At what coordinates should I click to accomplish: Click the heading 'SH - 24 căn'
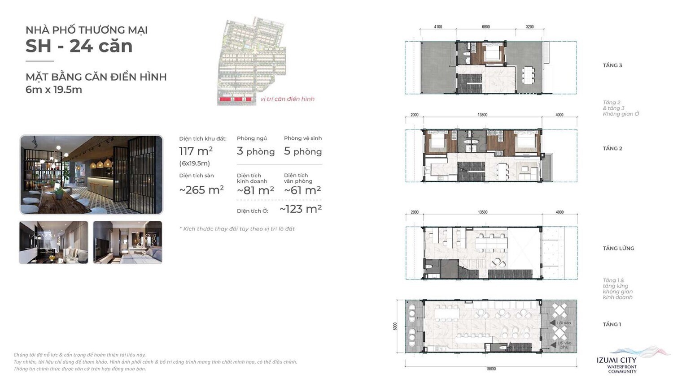coord(79,46)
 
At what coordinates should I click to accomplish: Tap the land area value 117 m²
coord(196,151)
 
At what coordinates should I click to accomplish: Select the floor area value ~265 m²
coord(201,190)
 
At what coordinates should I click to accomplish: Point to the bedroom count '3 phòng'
coord(256,151)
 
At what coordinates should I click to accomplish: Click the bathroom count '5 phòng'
coord(303,151)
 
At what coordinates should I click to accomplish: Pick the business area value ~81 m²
coord(255,190)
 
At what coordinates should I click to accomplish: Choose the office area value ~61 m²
coord(302,190)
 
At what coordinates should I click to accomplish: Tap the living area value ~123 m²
coord(301,209)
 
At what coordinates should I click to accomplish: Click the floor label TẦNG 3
coord(612,65)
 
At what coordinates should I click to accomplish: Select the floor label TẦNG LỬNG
coord(618,248)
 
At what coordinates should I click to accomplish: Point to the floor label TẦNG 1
coord(612,324)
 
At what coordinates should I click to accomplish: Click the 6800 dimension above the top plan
coord(486,27)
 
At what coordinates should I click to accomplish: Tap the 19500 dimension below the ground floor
coord(491,369)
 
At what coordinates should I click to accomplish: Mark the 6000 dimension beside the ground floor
coord(395,326)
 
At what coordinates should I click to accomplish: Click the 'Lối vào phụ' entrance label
coord(564,345)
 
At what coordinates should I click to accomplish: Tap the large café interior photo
coord(91,175)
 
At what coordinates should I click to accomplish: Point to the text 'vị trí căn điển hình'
coord(288,99)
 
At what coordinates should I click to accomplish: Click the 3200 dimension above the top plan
coord(530,27)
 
